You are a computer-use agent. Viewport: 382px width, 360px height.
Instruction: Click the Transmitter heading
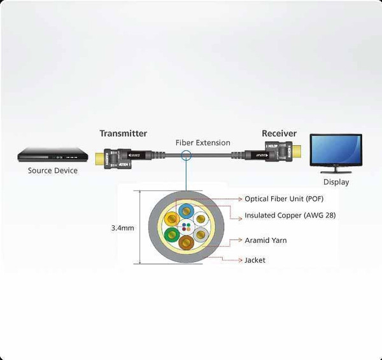tap(123, 134)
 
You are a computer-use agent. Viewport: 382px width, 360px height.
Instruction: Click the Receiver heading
tap(279, 134)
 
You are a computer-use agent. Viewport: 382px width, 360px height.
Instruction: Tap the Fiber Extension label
tap(202, 142)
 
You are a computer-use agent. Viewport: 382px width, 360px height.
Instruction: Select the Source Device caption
tap(53, 170)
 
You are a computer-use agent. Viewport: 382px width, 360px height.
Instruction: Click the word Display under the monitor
tap(336, 182)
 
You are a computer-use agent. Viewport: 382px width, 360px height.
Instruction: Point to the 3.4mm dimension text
tap(122, 228)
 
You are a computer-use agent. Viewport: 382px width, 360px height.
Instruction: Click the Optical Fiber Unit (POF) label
tap(285, 199)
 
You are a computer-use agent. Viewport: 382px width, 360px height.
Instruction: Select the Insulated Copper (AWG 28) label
tap(290, 216)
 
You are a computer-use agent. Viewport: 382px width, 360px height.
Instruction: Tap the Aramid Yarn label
tap(265, 240)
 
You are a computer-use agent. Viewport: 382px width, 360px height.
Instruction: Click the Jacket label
tap(255, 260)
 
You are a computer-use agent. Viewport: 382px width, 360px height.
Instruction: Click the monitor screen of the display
tap(335, 149)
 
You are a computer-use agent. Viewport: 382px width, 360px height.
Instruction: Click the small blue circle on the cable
tap(186, 156)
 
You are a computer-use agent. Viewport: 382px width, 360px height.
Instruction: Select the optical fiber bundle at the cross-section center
tap(186, 227)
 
